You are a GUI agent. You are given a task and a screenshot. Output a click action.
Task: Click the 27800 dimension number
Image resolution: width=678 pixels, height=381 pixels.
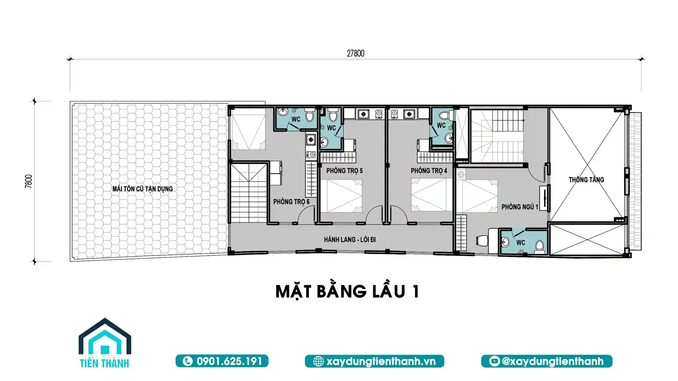point(355,53)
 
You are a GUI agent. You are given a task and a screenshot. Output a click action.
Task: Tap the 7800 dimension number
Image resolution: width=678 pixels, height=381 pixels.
point(29,181)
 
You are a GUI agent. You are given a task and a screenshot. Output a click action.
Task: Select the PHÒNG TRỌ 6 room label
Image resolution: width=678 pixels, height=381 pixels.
point(291,202)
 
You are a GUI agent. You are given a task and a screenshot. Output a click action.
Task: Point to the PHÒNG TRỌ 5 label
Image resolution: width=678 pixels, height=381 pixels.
point(344,171)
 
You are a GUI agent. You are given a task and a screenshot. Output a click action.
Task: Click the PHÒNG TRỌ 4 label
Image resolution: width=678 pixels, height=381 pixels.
point(429,171)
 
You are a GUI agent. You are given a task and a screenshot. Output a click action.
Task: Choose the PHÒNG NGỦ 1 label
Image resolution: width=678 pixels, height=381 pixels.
point(520,207)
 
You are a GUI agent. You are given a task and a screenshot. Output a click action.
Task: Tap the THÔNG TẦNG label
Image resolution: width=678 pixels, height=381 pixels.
point(586,180)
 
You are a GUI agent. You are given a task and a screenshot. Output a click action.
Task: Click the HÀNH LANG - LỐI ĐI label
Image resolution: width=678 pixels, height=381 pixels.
point(350,240)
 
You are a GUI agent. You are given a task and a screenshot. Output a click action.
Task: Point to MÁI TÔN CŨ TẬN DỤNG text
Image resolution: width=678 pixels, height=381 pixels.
point(142,189)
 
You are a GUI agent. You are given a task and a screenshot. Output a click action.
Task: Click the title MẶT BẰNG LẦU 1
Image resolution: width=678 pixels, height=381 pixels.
point(347,292)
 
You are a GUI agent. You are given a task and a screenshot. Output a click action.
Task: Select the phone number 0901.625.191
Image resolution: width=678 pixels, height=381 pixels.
point(229,361)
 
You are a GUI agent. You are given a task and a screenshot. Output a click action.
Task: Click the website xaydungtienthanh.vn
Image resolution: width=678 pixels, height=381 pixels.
point(381,361)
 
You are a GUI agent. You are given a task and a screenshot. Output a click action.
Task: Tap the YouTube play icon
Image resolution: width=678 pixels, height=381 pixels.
point(494,361)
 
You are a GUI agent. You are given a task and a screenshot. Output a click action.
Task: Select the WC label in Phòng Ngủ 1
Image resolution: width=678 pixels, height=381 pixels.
point(520,243)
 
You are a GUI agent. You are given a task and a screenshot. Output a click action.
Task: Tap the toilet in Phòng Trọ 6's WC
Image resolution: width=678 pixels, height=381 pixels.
point(309,115)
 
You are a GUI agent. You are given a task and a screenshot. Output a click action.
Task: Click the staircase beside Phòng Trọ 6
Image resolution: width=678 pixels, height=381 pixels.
point(248,193)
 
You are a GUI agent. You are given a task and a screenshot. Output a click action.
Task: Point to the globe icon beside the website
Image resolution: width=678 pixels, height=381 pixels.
point(318,361)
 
